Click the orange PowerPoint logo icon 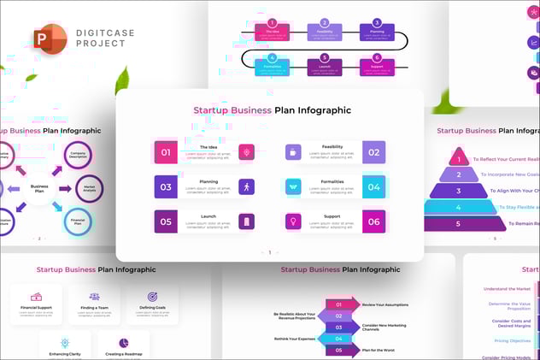pos(50,39)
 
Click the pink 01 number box pos(166,152)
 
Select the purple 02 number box pos(373,152)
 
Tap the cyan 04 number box pos(373,186)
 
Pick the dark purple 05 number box pos(166,221)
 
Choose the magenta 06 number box pos(373,221)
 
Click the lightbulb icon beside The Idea pos(246,152)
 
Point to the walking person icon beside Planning pos(246,186)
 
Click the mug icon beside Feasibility pos(293,152)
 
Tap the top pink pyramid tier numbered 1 pos(460,159)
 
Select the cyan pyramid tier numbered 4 pos(460,206)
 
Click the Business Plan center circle pos(39,187)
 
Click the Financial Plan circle pos(78,221)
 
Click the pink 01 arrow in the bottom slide pos(341,304)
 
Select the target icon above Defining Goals pos(152,297)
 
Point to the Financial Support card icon pos(36,297)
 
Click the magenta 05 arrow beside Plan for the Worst pos(341,350)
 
